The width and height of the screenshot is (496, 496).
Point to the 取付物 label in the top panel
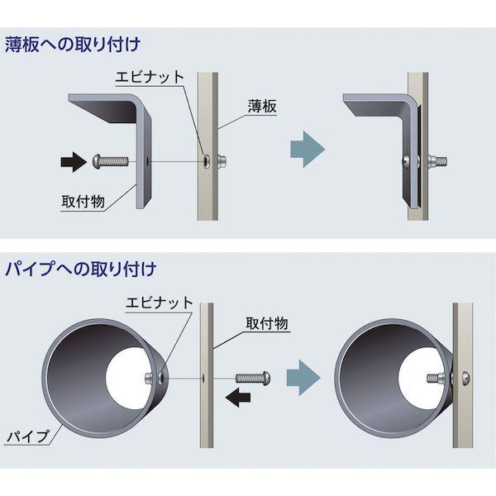point(82,200)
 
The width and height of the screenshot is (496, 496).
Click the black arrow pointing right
point(73,160)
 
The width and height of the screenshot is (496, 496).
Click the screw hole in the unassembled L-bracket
point(146,161)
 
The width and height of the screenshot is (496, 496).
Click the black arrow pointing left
point(240,399)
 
